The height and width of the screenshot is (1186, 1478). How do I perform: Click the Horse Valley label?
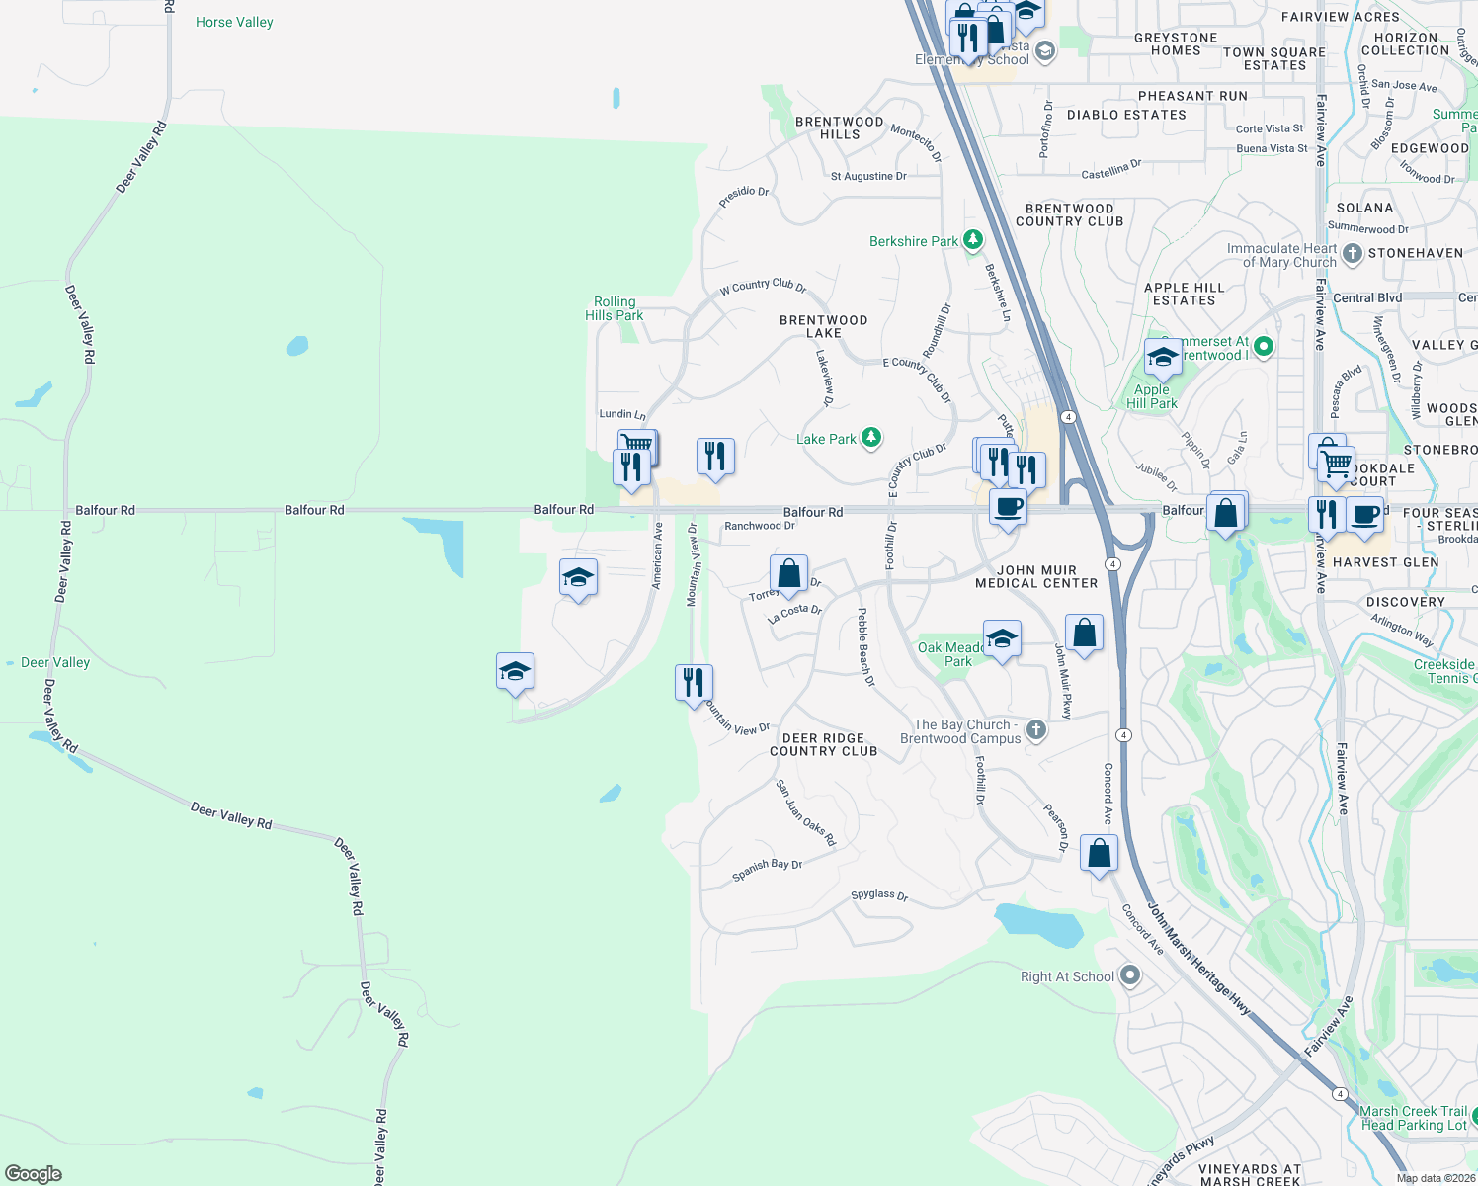click(x=234, y=22)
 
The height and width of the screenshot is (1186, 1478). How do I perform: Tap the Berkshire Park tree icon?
click(x=973, y=240)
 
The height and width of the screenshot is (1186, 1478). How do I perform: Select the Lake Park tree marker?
click(x=870, y=438)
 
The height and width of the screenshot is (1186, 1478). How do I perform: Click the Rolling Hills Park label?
click(x=615, y=308)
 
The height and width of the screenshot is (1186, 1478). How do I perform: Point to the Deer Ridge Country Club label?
click(x=823, y=744)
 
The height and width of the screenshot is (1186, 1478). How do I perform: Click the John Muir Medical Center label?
click(x=1036, y=577)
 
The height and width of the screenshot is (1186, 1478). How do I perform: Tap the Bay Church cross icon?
click(x=1035, y=730)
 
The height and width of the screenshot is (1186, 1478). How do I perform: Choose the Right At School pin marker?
click(x=1130, y=976)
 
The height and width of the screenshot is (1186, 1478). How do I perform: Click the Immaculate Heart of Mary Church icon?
click(x=1352, y=254)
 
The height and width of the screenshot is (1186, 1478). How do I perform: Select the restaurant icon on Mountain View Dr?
click(x=694, y=682)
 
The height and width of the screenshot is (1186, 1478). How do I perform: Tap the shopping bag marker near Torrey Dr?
click(x=788, y=573)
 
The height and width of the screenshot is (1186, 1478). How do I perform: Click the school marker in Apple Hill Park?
click(x=1163, y=357)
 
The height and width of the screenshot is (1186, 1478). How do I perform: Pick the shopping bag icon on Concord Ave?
click(x=1099, y=852)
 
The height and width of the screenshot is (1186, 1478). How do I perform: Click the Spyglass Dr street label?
click(x=879, y=894)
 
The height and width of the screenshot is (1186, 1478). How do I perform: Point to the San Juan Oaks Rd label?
click(x=805, y=813)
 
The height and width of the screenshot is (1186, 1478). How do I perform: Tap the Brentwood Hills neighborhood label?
click(x=840, y=127)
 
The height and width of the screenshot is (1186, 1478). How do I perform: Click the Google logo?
click(x=34, y=1173)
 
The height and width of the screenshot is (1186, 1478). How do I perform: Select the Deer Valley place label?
click(x=55, y=662)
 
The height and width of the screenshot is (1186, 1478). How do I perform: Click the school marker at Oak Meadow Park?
click(x=1001, y=638)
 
